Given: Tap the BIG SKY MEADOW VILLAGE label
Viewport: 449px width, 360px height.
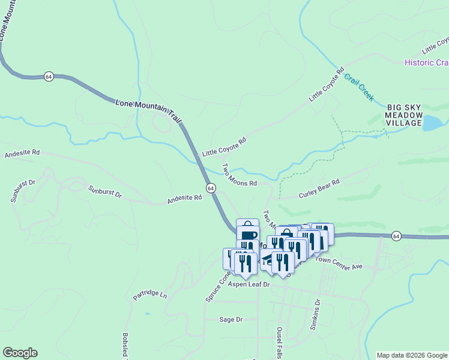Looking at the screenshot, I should click(405, 115).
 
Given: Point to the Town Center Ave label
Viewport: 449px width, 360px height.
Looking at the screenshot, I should click(340, 263).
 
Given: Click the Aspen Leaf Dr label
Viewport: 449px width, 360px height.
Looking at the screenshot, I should click(249, 286).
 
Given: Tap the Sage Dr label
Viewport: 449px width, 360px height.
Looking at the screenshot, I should click(231, 320).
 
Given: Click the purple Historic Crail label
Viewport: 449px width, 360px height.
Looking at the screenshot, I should click(426, 62).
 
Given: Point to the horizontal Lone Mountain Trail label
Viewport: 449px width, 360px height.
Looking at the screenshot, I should click(147, 104).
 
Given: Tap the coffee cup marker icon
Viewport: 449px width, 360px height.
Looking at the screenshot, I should click(248, 235).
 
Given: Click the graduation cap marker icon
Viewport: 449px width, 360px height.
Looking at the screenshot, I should click(268, 257).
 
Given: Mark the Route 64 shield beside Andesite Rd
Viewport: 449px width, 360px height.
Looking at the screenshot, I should click(211, 188).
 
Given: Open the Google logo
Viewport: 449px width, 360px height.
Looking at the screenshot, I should click(20, 353).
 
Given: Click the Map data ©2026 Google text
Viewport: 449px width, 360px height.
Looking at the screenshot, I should click(412, 355).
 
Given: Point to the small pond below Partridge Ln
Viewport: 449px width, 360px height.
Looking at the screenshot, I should click(147, 313).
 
